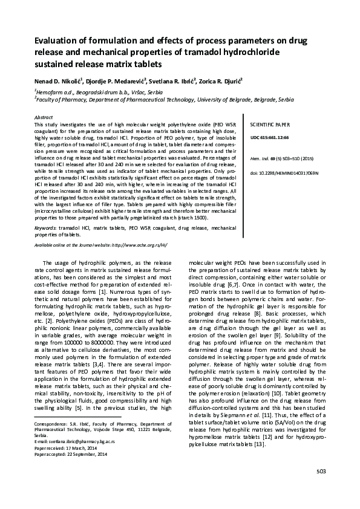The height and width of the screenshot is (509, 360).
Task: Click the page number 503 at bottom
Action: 321,488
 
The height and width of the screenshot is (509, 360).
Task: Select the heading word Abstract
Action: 44,116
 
